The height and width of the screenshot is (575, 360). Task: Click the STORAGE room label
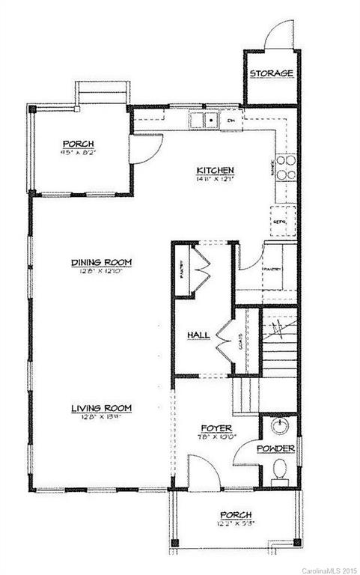click(x=270, y=73)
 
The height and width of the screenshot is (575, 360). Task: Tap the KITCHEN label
click(x=216, y=170)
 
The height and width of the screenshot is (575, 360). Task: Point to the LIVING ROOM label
click(x=101, y=407)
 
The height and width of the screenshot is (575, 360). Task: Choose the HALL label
click(x=198, y=335)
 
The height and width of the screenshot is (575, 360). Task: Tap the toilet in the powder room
click(x=279, y=469)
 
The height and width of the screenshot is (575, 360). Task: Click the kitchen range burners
click(x=286, y=166)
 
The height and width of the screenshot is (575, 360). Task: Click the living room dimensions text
click(x=102, y=416)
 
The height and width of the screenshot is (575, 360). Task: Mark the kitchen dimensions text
click(x=216, y=179)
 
